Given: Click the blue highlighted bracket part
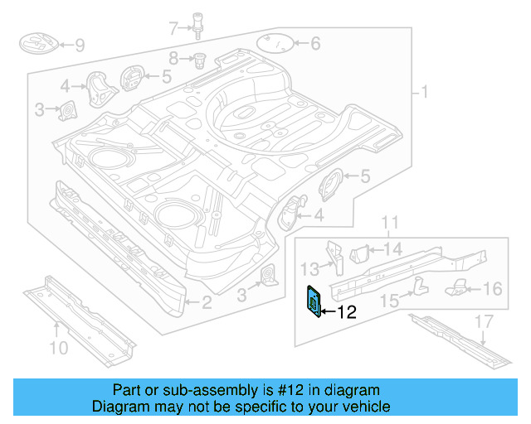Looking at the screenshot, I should [x=315, y=301].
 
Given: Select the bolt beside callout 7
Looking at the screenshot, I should [x=199, y=24].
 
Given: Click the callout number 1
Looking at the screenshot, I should [x=425, y=92].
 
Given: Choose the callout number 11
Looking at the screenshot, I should [x=390, y=222].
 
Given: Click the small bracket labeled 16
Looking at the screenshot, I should [x=459, y=287].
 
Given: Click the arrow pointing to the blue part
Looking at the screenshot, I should [x=327, y=312].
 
